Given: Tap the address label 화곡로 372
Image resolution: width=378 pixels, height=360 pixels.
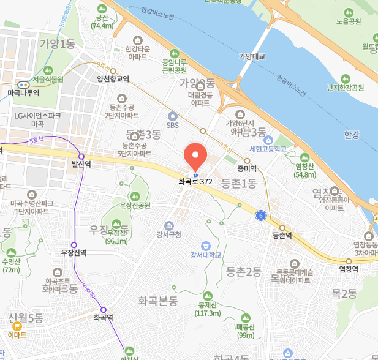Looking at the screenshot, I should (195, 182).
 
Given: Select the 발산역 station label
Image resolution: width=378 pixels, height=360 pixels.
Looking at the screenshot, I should (81, 164).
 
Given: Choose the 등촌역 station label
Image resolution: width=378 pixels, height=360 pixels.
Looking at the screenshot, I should (282, 235).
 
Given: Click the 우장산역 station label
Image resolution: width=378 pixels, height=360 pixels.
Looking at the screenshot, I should (74, 252).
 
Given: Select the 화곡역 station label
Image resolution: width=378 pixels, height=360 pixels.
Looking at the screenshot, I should (104, 318).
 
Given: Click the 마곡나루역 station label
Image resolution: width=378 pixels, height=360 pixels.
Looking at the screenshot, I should (23, 92).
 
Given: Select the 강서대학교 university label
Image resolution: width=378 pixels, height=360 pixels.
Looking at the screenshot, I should (205, 255).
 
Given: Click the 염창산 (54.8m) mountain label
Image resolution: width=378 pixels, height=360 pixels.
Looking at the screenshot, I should (304, 170).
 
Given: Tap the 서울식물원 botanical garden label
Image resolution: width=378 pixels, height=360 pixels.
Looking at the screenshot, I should (48, 79).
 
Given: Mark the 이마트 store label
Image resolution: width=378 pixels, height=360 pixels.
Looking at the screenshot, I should (17, 335).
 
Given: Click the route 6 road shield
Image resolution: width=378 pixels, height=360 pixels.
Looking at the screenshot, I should (261, 215).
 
